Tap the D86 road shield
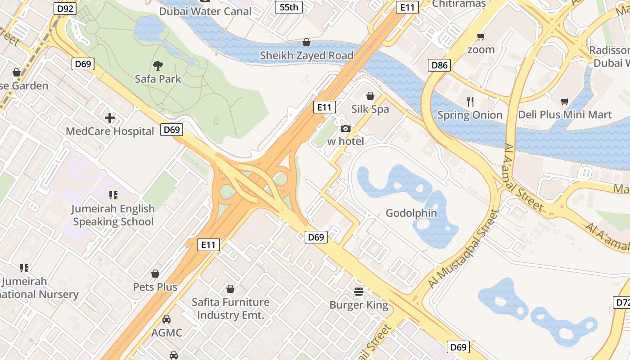pos(439,65)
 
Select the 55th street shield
pos(288,7)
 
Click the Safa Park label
pos(158,79)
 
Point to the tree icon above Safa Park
pos(157,66)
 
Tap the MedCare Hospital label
pos(110,131)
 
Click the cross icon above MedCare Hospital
pos(110,118)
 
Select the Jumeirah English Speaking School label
pos(113,215)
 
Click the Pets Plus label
pos(155,287)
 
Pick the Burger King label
pos(359,305)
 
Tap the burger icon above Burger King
pos(359,292)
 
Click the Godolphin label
pos(411,213)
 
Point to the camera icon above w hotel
pos(346,129)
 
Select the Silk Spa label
pos(370,109)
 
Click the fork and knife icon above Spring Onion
pos(470,101)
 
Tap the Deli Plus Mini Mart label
pos(565,115)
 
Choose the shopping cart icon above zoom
pos(481,36)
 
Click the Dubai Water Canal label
pos(205,11)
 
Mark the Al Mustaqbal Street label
pos(463,249)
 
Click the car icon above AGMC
pos(166,319)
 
